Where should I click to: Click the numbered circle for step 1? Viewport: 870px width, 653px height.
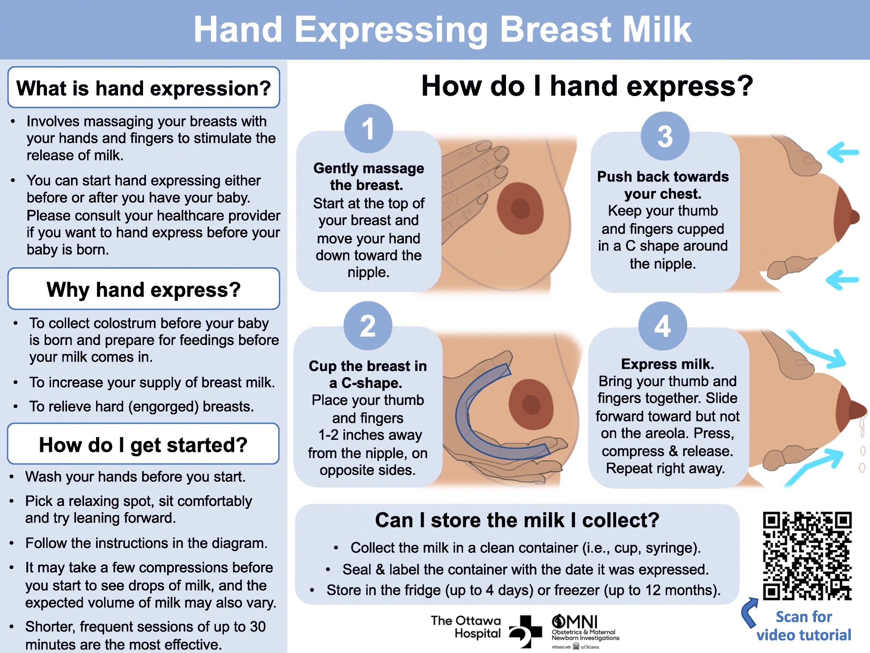[x=369, y=129]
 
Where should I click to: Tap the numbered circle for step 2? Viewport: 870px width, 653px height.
[x=368, y=326]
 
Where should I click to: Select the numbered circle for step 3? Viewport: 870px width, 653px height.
[x=665, y=136]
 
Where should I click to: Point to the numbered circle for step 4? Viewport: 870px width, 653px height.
[x=663, y=326]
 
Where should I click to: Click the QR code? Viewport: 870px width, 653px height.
[x=807, y=556]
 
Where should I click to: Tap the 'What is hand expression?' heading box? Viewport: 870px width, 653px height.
[x=144, y=87]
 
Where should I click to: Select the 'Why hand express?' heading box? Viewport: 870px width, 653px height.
[x=144, y=289]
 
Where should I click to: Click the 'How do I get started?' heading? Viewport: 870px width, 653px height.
[x=143, y=444]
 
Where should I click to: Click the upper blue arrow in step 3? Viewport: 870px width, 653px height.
[x=843, y=152]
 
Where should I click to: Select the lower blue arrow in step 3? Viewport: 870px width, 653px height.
[x=842, y=280]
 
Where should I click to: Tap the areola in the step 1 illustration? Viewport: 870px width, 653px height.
[x=520, y=208]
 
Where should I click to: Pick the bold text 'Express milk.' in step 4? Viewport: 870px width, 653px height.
[x=668, y=364]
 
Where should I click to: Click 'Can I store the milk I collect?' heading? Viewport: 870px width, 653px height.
[x=517, y=520]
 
